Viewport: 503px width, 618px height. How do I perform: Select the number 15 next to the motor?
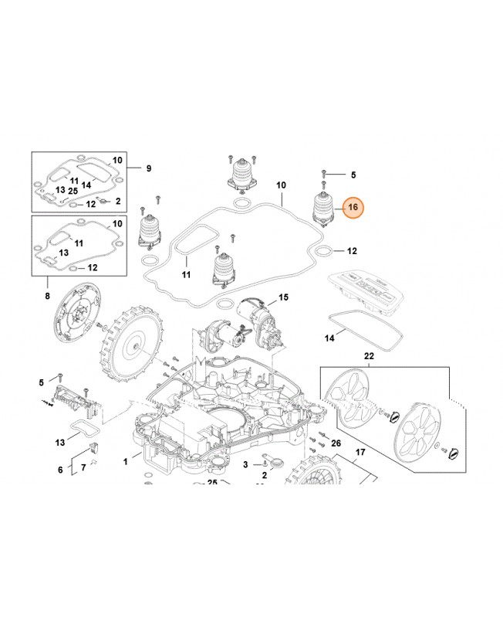tap(283, 297)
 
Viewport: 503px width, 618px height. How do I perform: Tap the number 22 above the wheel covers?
tap(368, 356)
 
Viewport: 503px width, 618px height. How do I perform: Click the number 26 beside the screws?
tap(336, 443)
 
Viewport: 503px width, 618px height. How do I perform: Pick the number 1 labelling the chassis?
tap(127, 461)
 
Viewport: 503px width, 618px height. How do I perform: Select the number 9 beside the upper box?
tap(148, 168)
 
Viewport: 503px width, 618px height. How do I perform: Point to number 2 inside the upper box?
tap(118, 201)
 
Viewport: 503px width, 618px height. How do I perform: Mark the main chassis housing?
tap(224, 417)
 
